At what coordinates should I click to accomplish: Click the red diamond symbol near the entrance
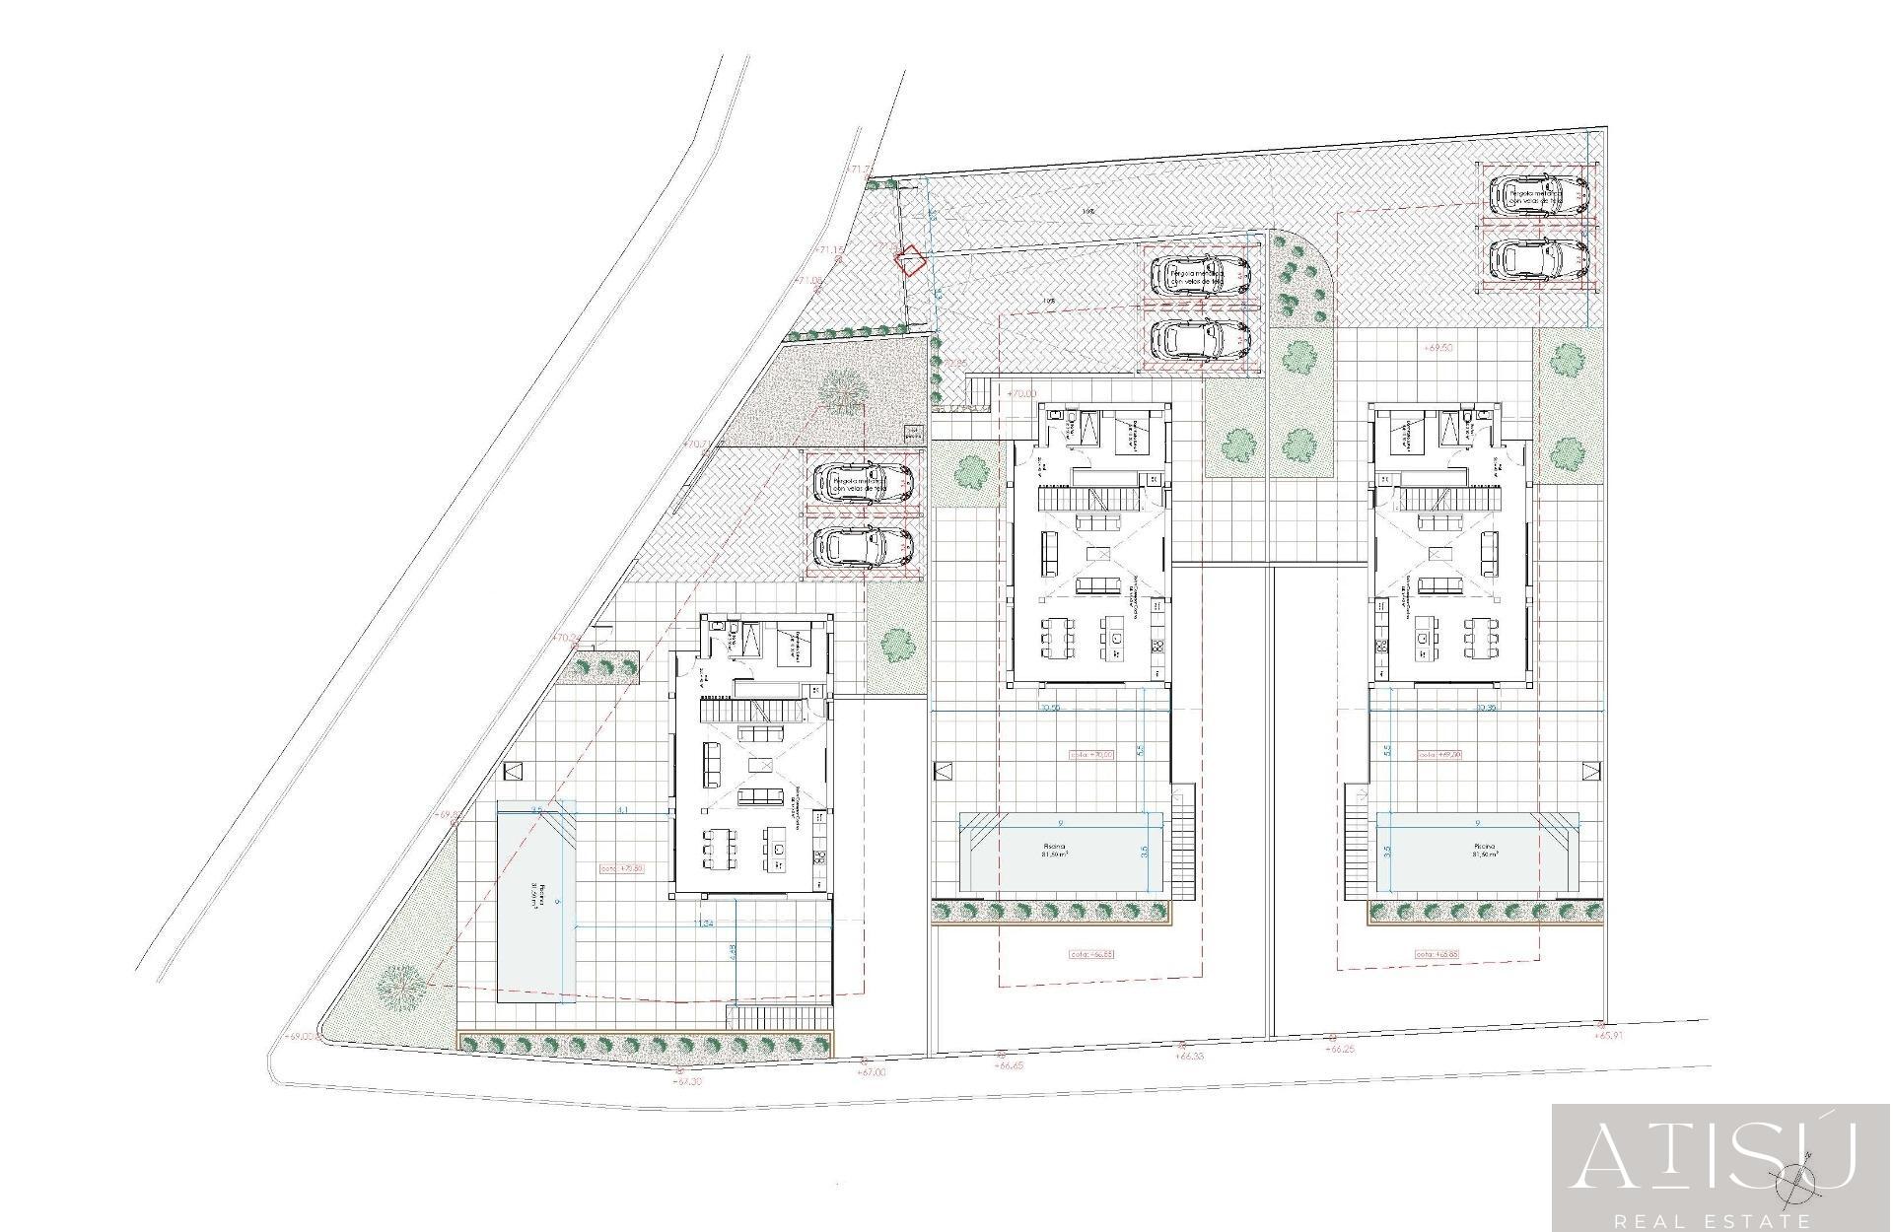click(x=909, y=261)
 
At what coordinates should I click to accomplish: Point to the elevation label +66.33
click(x=1190, y=1056)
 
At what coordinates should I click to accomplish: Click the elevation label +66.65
click(x=1011, y=1065)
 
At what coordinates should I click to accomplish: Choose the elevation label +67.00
click(x=872, y=1071)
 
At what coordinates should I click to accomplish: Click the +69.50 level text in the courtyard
click(x=1438, y=348)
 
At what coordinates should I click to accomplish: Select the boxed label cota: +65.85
click(x=1437, y=954)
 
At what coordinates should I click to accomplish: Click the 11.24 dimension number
click(x=704, y=924)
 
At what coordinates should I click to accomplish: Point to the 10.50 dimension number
click(x=1049, y=708)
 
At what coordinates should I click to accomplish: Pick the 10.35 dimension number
click(x=1487, y=708)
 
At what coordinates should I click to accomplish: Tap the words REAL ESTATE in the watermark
click(x=1720, y=1219)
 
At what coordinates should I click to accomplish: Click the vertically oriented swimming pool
click(x=536, y=903)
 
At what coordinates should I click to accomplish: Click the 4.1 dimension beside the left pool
click(x=622, y=810)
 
